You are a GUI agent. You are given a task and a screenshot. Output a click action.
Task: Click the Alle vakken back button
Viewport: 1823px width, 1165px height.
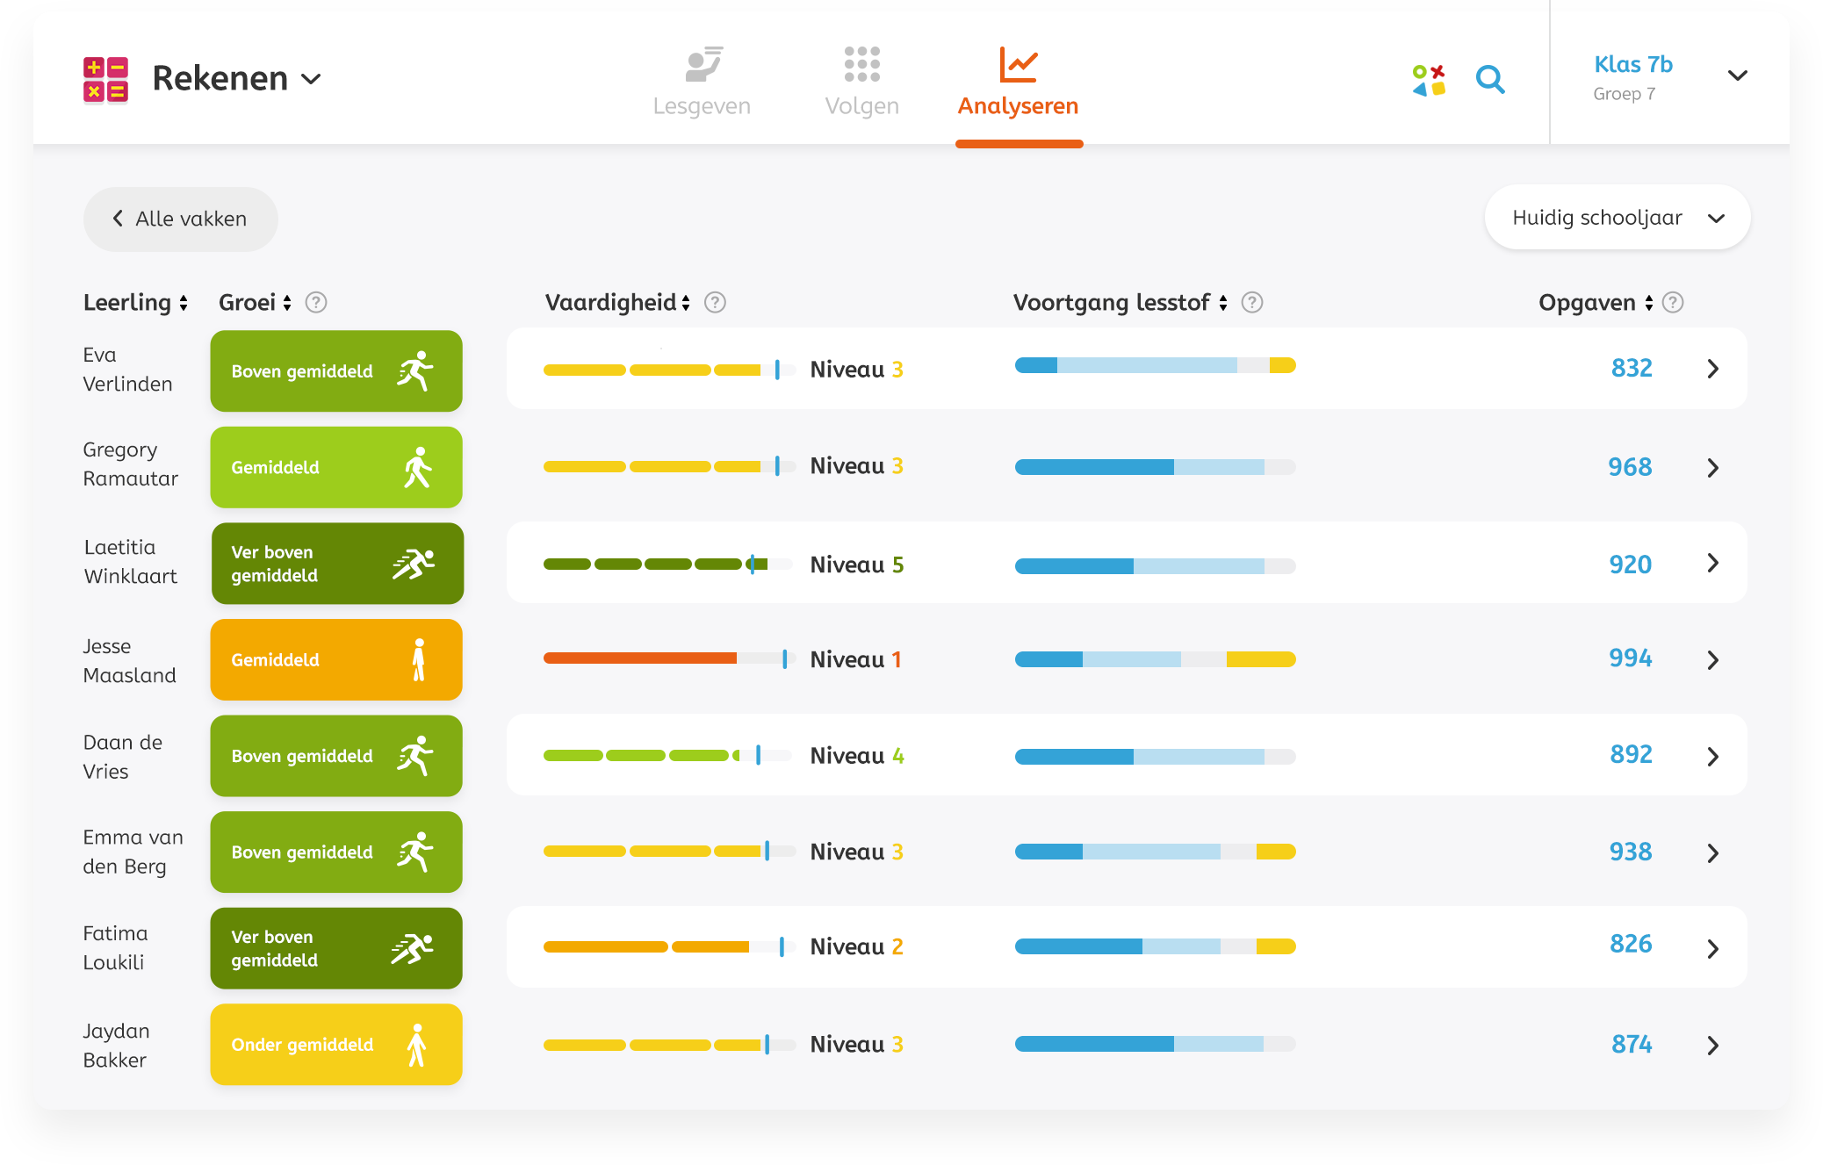point(180,219)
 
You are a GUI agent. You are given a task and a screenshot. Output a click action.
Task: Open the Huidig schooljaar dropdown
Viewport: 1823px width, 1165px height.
point(1617,218)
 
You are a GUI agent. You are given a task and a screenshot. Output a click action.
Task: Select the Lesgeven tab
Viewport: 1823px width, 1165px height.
point(702,82)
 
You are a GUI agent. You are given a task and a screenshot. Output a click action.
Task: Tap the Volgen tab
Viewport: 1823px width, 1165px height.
point(861,82)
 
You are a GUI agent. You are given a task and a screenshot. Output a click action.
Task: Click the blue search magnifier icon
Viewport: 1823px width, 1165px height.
point(1489,80)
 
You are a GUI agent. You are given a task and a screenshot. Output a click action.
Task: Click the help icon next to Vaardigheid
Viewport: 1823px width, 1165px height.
point(716,303)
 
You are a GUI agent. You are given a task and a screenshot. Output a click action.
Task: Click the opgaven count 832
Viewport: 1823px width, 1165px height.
point(1632,369)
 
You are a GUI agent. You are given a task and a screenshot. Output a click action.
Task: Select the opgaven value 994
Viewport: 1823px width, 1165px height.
point(1630,658)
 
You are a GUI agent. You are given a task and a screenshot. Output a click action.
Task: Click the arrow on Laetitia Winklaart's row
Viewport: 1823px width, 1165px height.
point(1712,563)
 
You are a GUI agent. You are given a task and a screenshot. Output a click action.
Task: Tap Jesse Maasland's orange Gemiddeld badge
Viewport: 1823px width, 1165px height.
point(336,659)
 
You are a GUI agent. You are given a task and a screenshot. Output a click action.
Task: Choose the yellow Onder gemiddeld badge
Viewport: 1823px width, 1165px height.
point(336,1045)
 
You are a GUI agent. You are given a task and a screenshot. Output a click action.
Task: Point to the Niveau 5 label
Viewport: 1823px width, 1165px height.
point(856,565)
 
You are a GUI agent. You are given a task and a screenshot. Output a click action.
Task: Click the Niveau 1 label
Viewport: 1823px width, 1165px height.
point(855,659)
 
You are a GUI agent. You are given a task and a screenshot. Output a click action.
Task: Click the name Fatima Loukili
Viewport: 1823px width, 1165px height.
point(115,948)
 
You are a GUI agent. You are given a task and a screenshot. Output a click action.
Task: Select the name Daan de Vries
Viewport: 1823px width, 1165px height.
point(122,757)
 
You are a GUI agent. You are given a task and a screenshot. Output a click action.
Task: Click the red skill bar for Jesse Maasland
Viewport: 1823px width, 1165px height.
point(639,658)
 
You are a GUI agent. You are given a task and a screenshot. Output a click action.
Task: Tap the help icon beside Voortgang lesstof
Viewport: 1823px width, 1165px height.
point(1252,303)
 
